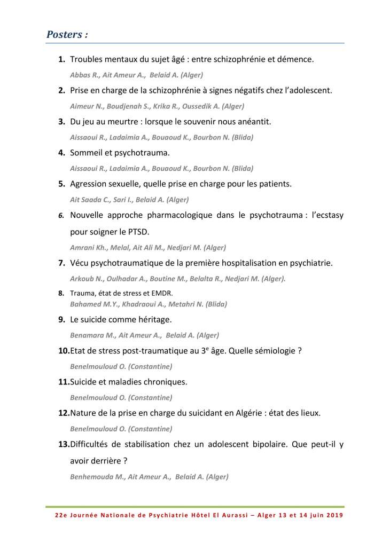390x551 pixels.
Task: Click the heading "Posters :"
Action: pos(67,35)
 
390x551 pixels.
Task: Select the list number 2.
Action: pos(62,90)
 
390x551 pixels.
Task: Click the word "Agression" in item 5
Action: pos(90,184)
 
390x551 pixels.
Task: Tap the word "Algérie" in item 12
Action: pos(244,413)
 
